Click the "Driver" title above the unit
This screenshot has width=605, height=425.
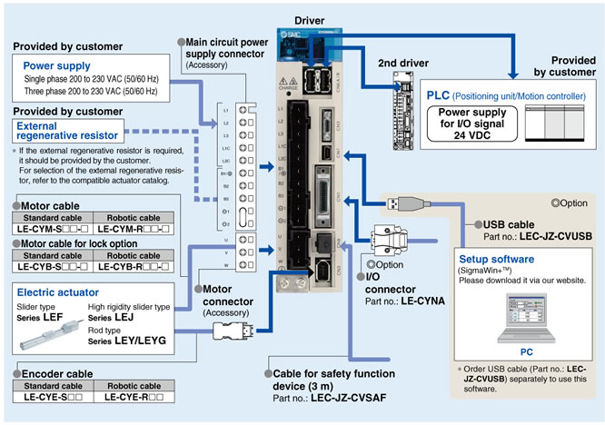pyautogui.click(x=308, y=20)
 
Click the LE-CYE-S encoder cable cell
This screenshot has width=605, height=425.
pyautogui.click(x=52, y=397)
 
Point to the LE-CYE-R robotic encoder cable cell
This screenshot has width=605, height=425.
pyautogui.click(x=134, y=397)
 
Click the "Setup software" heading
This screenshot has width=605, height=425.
pyautogui.click(x=499, y=258)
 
